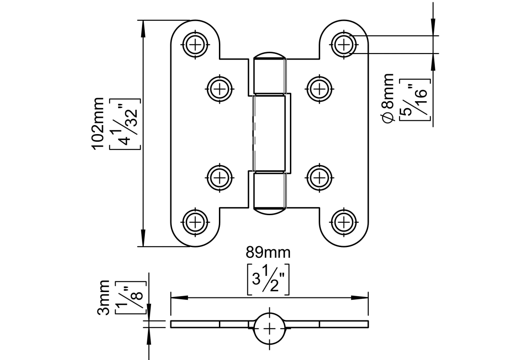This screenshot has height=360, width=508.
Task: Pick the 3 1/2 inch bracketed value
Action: [x=268, y=279]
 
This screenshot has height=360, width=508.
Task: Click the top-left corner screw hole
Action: [x=196, y=44]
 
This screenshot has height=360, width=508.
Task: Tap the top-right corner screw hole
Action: [x=344, y=44]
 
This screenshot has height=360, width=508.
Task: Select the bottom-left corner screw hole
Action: [x=196, y=221]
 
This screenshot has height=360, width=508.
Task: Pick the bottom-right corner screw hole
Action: [x=344, y=221]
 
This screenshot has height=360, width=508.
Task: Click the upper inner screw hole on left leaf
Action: [x=220, y=89]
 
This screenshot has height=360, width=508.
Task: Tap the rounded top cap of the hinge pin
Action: [x=269, y=56]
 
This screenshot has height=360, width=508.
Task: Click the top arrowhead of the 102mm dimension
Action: [x=143, y=27]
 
